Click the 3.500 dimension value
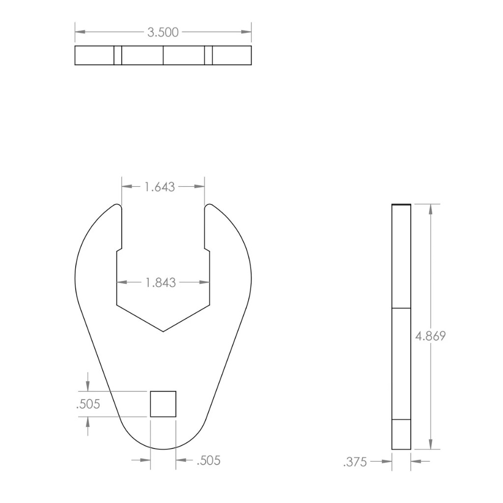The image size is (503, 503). (163, 32)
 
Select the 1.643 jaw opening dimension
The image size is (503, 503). (160, 187)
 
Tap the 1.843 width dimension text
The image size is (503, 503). (161, 282)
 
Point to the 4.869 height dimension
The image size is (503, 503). (430, 336)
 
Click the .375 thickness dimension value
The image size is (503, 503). (355, 462)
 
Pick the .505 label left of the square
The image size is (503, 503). (88, 404)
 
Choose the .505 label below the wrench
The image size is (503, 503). (208, 461)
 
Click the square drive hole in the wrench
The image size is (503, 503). (163, 404)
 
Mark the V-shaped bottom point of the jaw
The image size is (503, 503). (163, 332)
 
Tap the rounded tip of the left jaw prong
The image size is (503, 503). (118, 205)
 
